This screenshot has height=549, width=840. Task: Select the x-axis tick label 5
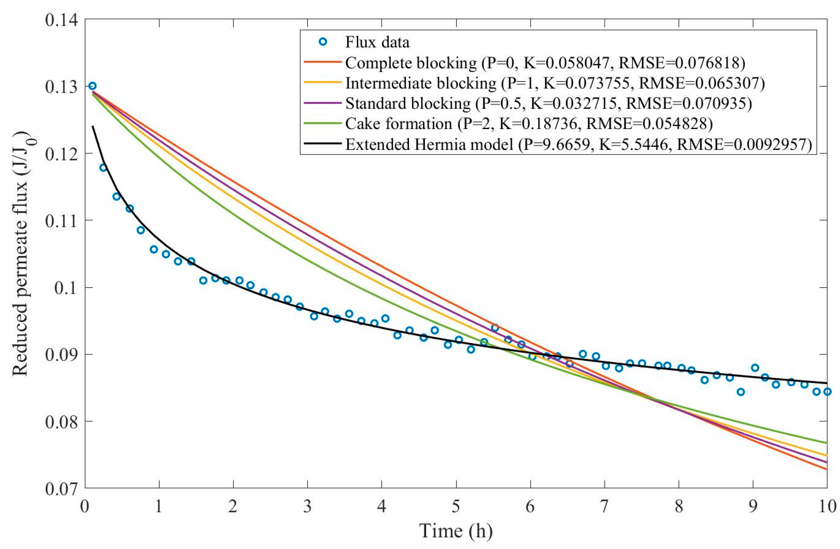pos(456,507)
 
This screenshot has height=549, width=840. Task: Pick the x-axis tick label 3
pos(307,507)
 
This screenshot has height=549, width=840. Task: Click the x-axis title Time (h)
pos(456,531)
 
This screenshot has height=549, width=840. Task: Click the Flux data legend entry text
pos(377,42)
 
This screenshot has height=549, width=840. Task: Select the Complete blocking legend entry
pos(545,63)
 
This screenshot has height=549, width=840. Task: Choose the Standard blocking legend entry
pos(548,104)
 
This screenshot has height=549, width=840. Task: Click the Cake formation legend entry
pos(528,124)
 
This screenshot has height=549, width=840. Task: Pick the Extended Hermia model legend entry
pos(579,144)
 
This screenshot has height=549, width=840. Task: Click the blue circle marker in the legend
pos(323,42)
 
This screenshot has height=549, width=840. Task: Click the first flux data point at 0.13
pos(93,86)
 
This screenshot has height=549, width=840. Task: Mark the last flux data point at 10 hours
pos(827,392)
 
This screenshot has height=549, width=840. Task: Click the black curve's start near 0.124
pos(93,126)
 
